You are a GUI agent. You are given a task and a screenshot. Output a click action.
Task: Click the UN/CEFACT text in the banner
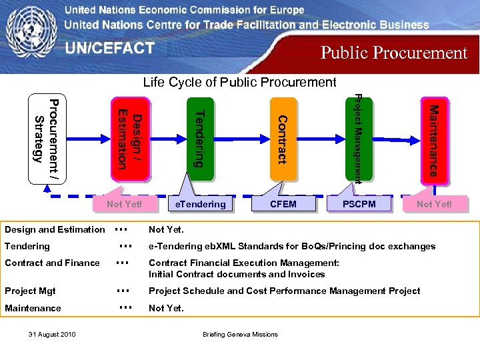coord(109,49)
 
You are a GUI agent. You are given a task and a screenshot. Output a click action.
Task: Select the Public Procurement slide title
coord(394,53)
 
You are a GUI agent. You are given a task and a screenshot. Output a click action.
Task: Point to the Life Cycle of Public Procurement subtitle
coord(240,82)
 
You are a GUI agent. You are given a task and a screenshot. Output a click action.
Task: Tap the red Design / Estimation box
coord(129,139)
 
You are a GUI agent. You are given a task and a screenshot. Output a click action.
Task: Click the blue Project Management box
coord(359,139)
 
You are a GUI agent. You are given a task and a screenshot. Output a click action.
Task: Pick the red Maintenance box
coord(433,139)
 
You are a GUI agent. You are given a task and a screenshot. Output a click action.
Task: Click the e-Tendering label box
coord(200,204)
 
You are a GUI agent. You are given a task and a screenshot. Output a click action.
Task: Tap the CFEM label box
coord(283,204)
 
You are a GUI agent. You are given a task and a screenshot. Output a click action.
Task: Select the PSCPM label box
coord(359,204)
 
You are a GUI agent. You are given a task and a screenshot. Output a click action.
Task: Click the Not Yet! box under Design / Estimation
coord(124,204)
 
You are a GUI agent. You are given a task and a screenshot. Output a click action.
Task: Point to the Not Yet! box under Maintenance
coord(434,204)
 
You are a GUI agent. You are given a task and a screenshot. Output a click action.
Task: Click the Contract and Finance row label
coord(52,263)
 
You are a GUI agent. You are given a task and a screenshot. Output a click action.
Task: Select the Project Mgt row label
coord(30,291)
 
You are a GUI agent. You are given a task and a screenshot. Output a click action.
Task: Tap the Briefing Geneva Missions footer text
coord(240,334)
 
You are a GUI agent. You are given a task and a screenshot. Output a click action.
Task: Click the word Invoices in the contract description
coord(306,274)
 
